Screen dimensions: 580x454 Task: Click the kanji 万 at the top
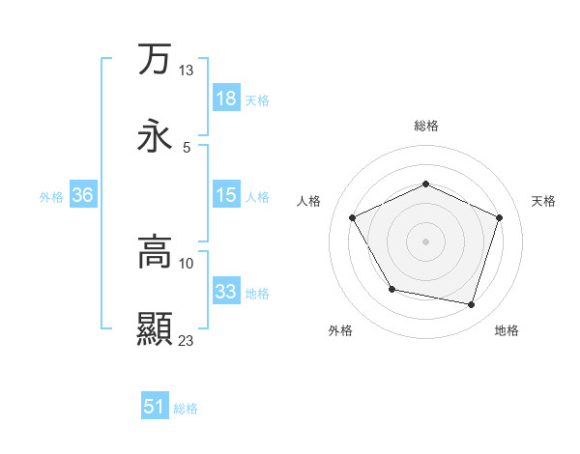[155, 60]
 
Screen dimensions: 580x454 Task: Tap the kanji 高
[155, 252]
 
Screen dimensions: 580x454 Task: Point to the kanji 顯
[155, 328]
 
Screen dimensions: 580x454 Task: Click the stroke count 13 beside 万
[187, 71]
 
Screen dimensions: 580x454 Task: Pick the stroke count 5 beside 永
[187, 147]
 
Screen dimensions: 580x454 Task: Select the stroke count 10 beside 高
[187, 263]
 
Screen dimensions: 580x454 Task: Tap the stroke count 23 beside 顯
[187, 340]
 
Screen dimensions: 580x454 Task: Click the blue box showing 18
[225, 99]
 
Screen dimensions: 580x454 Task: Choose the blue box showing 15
[225, 195]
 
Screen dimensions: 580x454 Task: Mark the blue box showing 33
[225, 292]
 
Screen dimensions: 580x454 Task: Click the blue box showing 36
[83, 195]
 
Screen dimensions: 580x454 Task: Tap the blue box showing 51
[155, 407]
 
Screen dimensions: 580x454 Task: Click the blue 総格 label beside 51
[186, 409]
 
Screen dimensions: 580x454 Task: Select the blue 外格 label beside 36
[51, 196]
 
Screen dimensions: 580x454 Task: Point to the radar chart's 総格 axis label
[426, 126]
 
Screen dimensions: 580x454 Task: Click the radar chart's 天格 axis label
[544, 201]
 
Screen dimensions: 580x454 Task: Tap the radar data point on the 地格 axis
[472, 304]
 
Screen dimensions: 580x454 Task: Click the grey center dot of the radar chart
[426, 241]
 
